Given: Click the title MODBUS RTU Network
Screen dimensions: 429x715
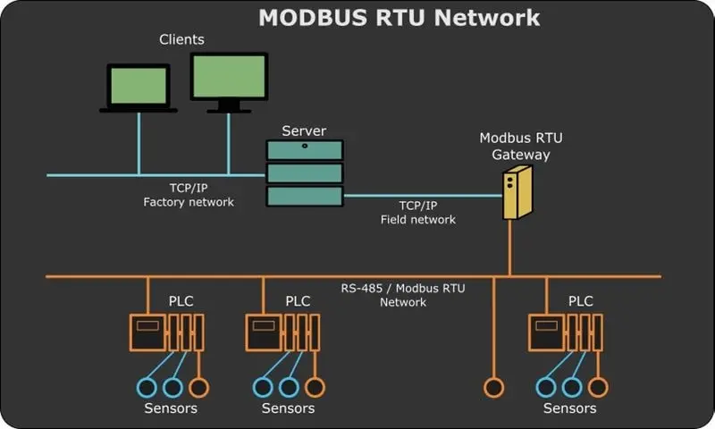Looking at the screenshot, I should coord(399,18).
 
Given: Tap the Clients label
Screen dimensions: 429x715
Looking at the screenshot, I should coord(181,39).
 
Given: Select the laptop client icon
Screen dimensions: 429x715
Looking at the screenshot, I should coord(138,88).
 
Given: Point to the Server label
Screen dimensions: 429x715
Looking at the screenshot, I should coord(304,131).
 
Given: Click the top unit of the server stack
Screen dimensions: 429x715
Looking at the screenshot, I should coord(304,150).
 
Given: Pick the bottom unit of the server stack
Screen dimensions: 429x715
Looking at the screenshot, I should coord(304,196).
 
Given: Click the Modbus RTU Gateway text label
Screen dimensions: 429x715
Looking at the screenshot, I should coord(521,146).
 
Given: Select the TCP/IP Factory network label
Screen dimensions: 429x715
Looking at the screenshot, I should coord(189,195).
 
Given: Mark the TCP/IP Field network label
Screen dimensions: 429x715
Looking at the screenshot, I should coord(416,213).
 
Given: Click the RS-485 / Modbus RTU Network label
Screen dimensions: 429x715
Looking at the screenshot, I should coord(403,295).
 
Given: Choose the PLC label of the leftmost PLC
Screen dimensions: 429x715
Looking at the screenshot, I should coord(181,301).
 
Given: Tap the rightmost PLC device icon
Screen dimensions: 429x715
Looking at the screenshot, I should coord(565,332).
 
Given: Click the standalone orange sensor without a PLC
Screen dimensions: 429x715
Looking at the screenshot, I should coord(492,387).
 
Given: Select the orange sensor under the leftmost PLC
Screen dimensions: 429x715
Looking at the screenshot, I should coord(198,387).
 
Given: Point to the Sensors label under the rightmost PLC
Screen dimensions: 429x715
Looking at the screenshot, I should coord(569,408).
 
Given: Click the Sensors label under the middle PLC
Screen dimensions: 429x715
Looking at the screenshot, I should coord(288,408).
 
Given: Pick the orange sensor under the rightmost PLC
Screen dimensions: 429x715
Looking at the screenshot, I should coord(597,387).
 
